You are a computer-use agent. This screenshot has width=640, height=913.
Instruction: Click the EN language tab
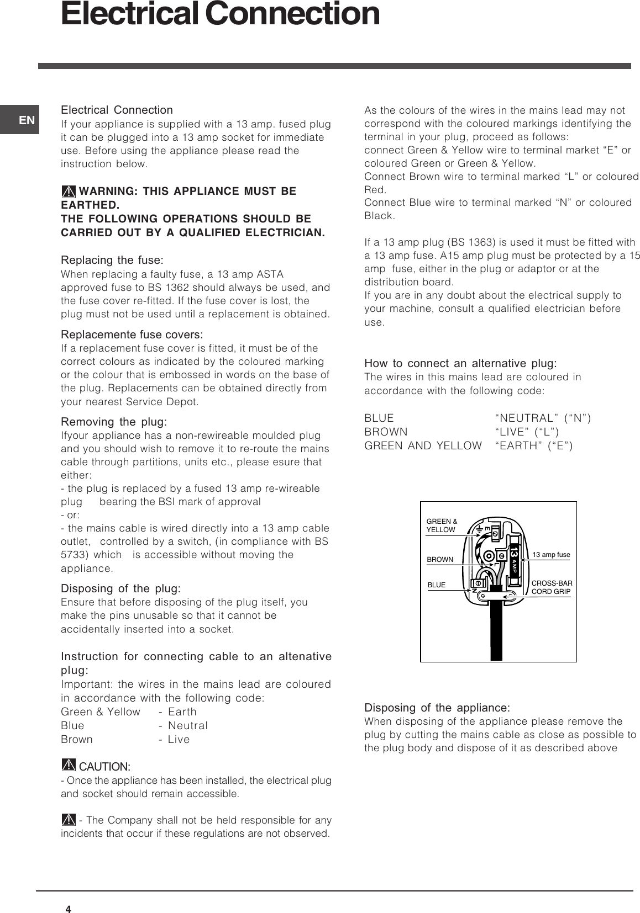(x=27, y=120)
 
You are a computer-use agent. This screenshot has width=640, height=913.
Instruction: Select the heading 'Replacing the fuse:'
(x=112, y=260)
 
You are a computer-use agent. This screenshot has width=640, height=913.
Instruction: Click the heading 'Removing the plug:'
(x=114, y=422)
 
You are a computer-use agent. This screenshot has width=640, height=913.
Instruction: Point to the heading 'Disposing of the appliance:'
(x=437, y=708)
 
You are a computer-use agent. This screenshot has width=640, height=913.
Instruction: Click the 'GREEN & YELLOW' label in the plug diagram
(x=442, y=525)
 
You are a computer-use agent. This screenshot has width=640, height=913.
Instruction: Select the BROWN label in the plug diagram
(x=440, y=559)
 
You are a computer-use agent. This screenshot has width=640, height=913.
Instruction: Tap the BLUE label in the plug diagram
(x=437, y=585)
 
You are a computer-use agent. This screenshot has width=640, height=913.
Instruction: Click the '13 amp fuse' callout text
(x=551, y=554)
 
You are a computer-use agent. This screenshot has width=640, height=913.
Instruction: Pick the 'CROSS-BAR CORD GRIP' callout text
(x=552, y=587)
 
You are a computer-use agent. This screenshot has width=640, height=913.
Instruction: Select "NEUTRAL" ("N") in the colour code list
(x=543, y=418)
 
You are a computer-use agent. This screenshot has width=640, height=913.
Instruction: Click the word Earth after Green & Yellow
(x=182, y=712)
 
